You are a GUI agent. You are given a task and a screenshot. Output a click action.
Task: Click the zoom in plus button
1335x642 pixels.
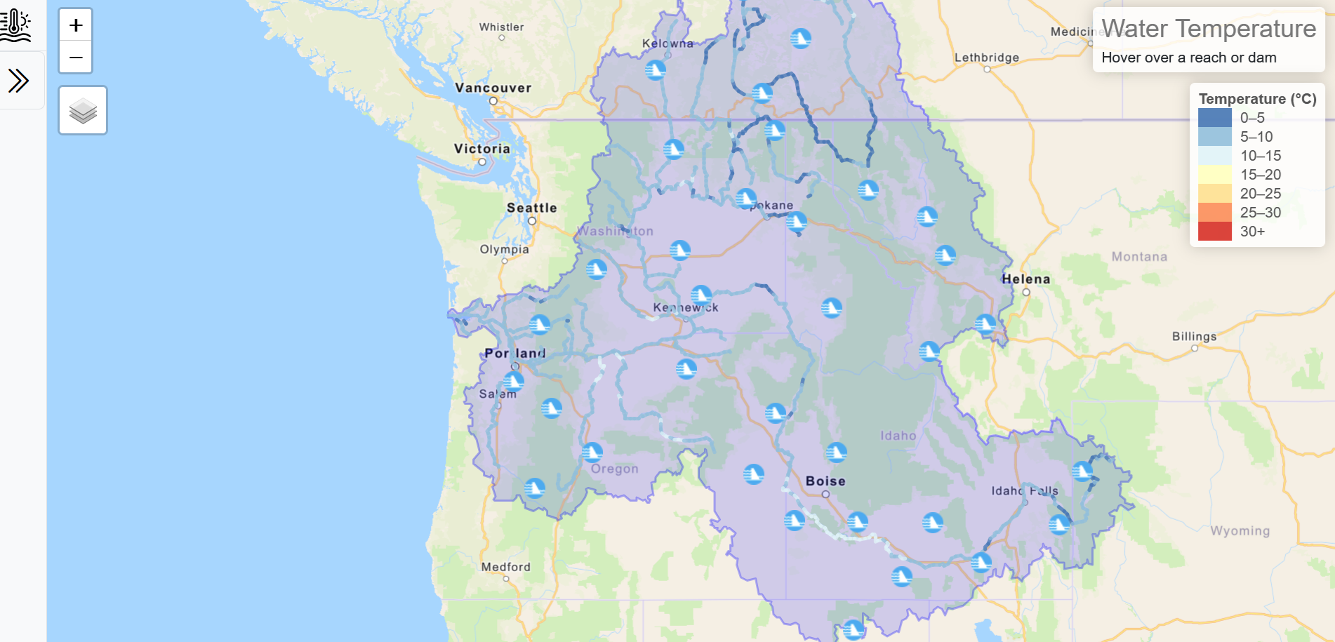point(76,26)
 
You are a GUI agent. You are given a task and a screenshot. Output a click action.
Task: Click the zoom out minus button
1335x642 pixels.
point(76,58)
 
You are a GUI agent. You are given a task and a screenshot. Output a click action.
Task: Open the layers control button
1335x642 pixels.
point(83,111)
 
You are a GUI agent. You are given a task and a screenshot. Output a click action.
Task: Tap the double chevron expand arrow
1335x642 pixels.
point(19,81)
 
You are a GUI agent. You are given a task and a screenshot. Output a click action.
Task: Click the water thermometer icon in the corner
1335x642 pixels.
point(15,25)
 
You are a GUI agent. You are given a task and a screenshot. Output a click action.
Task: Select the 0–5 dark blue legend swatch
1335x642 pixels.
point(1214,118)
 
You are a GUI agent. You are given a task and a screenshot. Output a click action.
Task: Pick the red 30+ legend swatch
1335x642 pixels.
point(1214,232)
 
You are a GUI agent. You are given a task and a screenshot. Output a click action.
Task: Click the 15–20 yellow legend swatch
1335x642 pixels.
point(1214,175)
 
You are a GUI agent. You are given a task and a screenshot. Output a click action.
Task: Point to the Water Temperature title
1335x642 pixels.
point(1208,29)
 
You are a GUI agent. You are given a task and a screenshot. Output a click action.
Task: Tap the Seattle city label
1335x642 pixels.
point(531,208)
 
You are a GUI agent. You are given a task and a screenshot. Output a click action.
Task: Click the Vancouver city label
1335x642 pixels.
point(493,88)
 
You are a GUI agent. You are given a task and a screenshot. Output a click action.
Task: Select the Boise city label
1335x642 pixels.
point(825,481)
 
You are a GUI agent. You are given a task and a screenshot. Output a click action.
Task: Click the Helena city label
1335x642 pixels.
point(1025,279)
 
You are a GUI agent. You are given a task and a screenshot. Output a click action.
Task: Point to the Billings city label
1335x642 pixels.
point(1194,336)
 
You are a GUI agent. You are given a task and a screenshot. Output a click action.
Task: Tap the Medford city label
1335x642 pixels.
point(505,567)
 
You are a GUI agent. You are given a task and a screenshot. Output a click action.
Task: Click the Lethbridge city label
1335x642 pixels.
point(986,58)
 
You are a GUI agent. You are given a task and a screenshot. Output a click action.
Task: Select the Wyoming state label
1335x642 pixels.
point(1240,531)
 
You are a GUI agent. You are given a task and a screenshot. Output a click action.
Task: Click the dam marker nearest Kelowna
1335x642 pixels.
point(655,69)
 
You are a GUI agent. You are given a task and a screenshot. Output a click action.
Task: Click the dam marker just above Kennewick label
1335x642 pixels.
point(700,294)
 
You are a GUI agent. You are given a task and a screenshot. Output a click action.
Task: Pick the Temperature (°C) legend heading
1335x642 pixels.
point(1257,99)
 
